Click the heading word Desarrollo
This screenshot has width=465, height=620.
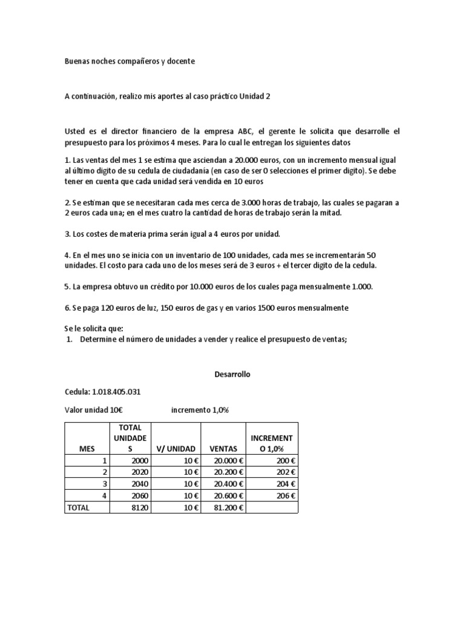pos(232,375)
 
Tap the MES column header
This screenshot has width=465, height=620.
pos(87,449)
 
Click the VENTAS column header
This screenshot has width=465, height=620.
pos(223,449)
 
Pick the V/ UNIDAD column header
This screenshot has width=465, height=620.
pos(176,449)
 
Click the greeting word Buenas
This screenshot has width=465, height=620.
pos(77,62)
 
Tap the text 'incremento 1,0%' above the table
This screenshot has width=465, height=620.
pos(200,410)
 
